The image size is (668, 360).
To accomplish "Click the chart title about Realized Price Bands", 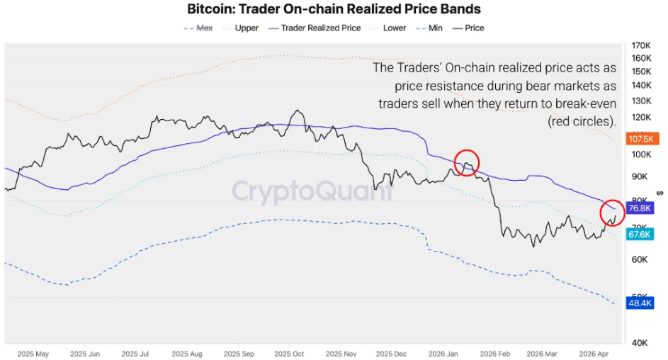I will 334,9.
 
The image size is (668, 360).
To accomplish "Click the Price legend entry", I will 468,28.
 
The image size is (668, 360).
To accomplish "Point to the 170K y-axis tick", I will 641,45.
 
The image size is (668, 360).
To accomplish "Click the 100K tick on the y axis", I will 641,154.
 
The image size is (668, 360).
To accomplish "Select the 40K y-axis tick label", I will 641,342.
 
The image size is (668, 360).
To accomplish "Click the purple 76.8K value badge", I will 640,208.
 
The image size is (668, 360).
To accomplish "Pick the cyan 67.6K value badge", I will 640,235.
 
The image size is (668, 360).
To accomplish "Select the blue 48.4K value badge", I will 640,303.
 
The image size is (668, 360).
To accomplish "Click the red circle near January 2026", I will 466,163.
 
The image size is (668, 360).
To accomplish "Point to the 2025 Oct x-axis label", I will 289,353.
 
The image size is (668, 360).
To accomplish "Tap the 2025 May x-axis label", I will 33,353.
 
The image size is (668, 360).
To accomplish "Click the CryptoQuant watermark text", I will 312,190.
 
